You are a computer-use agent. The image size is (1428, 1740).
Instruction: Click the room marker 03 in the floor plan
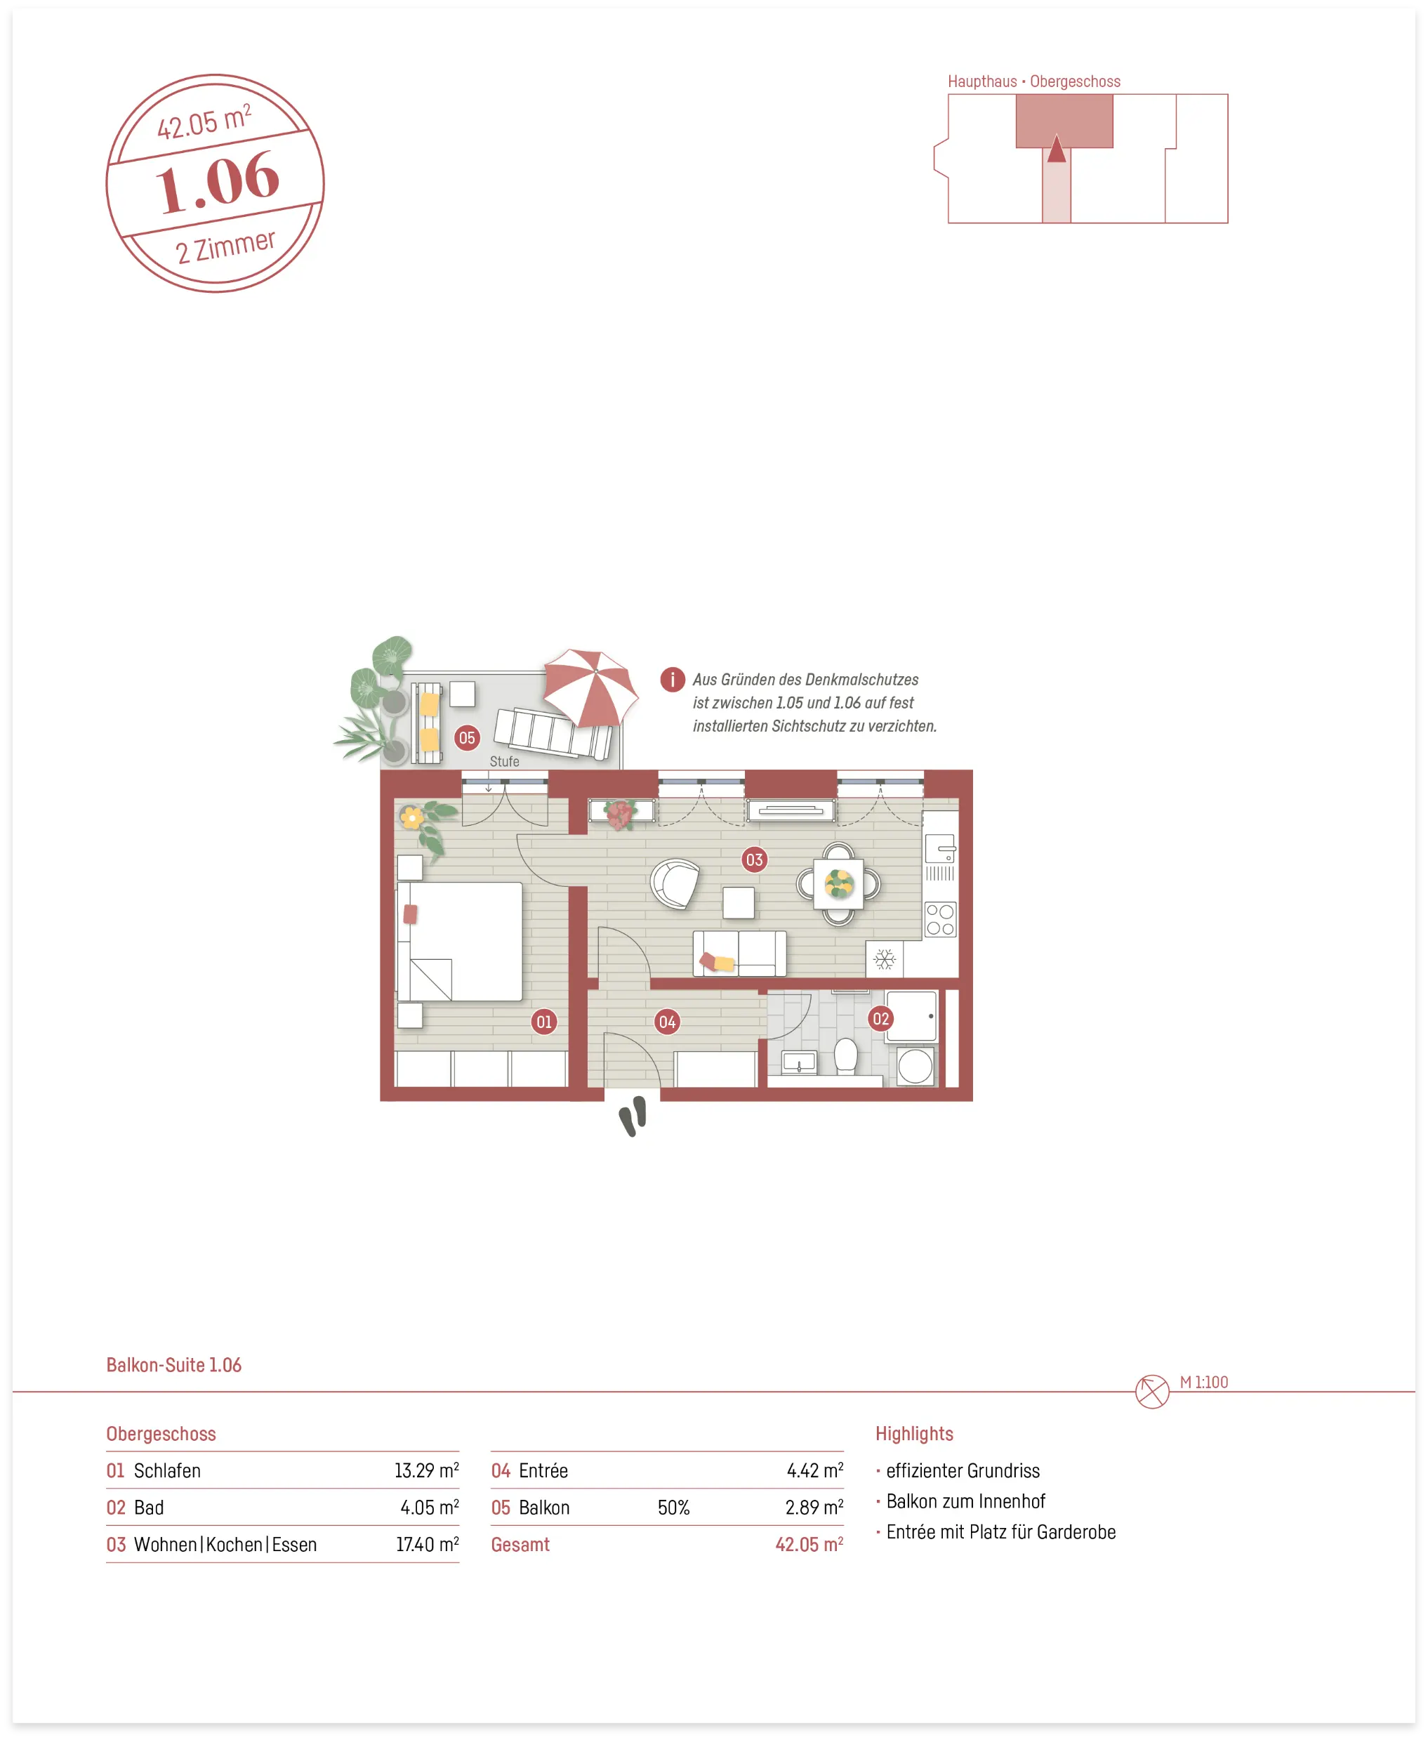[753, 859]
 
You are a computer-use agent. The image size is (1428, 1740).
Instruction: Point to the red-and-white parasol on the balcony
[590, 687]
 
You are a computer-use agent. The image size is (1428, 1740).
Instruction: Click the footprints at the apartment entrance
[633, 1116]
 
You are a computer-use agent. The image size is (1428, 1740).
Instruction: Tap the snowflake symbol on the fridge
[885, 959]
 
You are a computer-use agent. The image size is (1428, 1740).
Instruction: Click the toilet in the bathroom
[845, 1056]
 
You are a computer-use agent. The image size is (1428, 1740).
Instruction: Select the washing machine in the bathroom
[915, 1066]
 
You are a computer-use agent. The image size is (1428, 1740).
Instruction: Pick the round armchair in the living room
[675, 883]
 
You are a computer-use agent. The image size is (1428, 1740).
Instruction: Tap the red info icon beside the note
[672, 680]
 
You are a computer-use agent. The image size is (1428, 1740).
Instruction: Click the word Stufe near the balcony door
[504, 762]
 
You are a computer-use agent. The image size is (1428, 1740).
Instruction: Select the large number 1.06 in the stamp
[218, 183]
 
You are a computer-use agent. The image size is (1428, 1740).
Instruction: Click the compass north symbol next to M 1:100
[1151, 1392]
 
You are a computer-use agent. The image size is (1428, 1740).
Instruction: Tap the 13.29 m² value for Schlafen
[426, 1470]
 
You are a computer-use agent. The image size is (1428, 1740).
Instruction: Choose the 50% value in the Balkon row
[674, 1507]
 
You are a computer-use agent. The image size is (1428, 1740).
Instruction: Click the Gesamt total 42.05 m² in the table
[809, 1544]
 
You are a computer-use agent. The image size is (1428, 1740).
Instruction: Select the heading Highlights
[914, 1434]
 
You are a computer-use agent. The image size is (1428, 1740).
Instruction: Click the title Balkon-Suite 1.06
[173, 1365]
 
